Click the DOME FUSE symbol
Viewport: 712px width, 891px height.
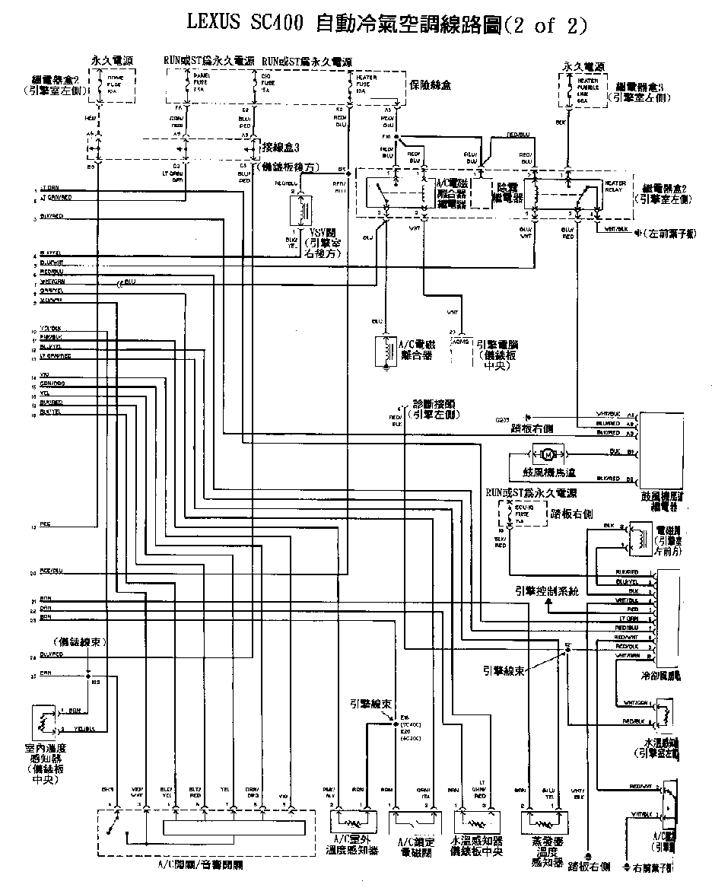[98, 84]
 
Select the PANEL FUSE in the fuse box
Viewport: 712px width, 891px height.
[187, 83]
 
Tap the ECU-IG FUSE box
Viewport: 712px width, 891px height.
[509, 514]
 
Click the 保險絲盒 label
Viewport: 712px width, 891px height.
[431, 85]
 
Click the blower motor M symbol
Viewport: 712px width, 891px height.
[547, 455]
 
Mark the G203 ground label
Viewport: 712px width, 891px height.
[503, 419]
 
